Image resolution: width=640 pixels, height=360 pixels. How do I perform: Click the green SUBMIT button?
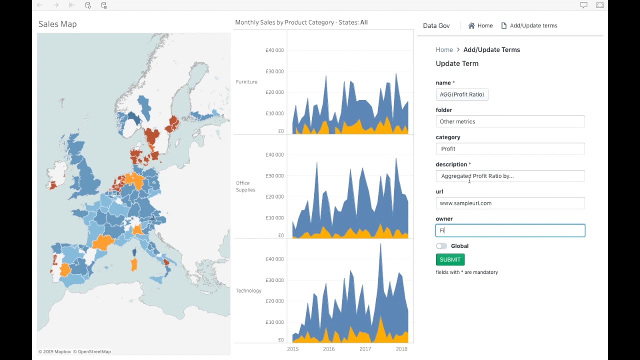(x=450, y=259)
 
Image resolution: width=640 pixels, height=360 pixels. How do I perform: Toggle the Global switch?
(x=441, y=246)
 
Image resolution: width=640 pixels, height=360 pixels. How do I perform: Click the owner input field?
(x=510, y=230)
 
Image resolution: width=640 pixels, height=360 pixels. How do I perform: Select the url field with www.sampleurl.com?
(x=510, y=203)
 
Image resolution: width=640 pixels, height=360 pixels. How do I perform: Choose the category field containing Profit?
(x=510, y=149)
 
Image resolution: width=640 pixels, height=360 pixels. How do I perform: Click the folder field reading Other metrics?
(x=510, y=121)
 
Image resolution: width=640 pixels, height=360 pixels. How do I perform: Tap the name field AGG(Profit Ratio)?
(x=461, y=94)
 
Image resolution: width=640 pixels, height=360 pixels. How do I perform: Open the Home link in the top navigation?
(x=480, y=25)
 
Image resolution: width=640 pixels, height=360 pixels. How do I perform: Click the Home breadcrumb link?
(x=444, y=49)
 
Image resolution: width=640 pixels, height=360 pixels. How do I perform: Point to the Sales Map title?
(x=57, y=24)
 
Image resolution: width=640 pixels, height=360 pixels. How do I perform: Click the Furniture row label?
(x=246, y=82)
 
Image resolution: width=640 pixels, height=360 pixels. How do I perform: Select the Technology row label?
(x=248, y=291)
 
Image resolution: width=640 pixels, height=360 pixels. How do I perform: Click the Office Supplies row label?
(x=245, y=186)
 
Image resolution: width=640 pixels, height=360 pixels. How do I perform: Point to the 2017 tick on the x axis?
(x=365, y=349)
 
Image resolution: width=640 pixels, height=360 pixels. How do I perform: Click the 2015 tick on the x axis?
(x=293, y=349)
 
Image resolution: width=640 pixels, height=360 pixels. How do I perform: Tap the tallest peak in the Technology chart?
(x=380, y=245)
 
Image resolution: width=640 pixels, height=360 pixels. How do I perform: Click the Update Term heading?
(x=457, y=63)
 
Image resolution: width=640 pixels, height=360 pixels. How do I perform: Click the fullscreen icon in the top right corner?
(x=599, y=5)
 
